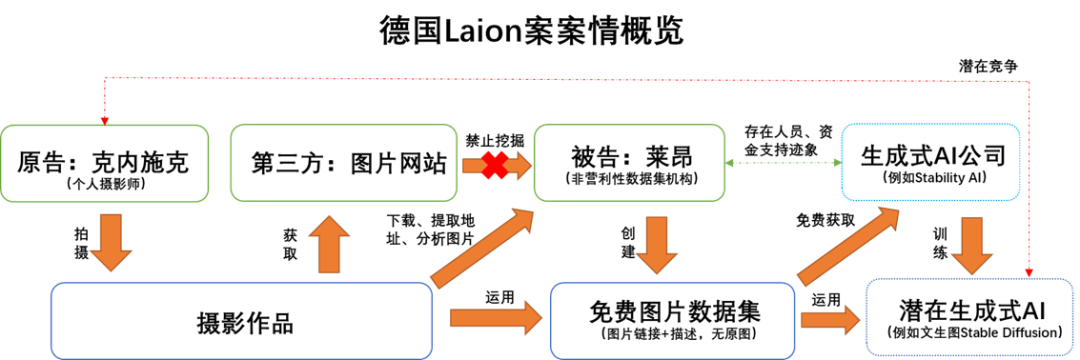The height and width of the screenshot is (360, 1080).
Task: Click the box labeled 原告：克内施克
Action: click(104, 162)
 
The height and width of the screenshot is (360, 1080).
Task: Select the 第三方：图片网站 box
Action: click(343, 162)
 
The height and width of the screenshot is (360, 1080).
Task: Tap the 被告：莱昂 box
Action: click(629, 162)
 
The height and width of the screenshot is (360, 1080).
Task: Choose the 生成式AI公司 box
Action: click(931, 162)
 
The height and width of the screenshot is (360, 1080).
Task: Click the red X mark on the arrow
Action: click(494, 165)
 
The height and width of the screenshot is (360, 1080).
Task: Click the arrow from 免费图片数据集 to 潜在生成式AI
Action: click(830, 320)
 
